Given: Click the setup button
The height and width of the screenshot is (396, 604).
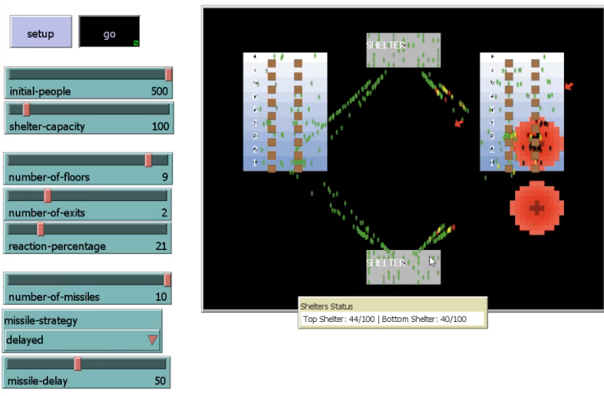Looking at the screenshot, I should coord(41,32).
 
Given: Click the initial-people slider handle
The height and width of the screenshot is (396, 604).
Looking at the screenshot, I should coord(168,74).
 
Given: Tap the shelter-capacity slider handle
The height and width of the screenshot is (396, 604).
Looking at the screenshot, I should coord(26,109).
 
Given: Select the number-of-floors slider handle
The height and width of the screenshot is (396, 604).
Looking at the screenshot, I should coord(148,160).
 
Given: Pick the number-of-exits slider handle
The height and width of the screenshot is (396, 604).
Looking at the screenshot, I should coord(48,196).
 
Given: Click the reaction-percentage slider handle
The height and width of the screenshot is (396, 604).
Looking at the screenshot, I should coord(41,229).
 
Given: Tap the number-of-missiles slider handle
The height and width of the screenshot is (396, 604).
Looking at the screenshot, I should coord(167,280).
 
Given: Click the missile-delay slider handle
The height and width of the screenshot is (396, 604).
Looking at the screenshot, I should coord(77,364).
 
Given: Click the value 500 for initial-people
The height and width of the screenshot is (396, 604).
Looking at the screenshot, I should coord(159,91).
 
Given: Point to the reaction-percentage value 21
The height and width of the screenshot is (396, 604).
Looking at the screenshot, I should coord(161,246).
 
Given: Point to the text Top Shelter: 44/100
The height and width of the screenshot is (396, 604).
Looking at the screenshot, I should coord(338,319).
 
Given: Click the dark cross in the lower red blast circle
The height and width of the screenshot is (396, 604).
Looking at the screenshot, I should coord(537,208).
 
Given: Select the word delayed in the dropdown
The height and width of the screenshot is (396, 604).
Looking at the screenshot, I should coord(24,340).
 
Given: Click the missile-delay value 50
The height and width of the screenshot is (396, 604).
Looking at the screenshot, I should coord(160,381).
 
